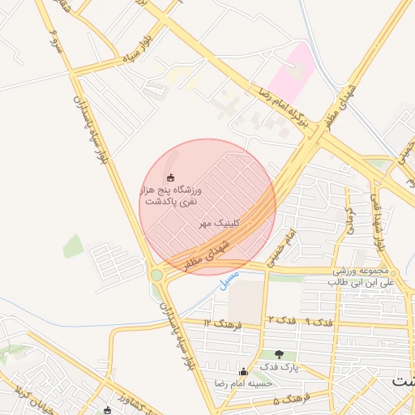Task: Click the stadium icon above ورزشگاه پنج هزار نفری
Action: (170, 178)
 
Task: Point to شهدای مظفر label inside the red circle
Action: (212, 254)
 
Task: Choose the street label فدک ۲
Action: (280, 321)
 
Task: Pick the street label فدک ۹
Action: (317, 321)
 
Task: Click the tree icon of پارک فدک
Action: (280, 354)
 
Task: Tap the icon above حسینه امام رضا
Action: (243, 372)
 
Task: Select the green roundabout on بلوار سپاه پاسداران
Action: (156, 275)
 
